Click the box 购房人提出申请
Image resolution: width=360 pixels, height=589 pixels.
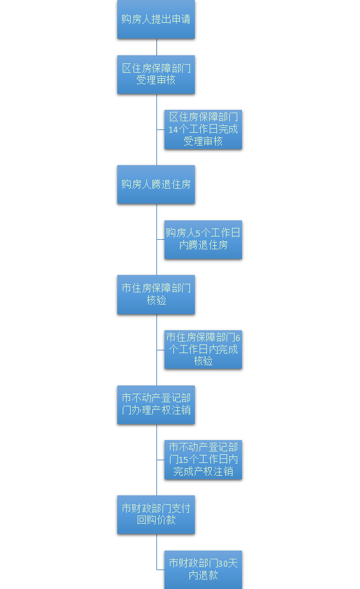156,19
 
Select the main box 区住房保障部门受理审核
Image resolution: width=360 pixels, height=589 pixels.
156,74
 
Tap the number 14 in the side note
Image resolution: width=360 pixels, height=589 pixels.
173,129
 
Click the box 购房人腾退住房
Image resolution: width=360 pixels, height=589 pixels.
156,185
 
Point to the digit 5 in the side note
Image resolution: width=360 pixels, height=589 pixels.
198,233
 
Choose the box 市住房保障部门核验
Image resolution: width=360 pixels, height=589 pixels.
156,294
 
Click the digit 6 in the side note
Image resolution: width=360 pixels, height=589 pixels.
237,338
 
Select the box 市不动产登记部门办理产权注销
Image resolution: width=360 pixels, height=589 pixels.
156,404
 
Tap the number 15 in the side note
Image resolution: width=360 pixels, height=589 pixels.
183,460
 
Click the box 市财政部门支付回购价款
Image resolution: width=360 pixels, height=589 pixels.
156,515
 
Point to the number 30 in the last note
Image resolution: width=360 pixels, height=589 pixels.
223,563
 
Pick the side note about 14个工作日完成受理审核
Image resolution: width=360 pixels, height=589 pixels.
203,129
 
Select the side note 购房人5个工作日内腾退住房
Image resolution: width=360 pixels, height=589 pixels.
203,240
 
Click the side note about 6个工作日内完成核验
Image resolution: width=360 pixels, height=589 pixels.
203,349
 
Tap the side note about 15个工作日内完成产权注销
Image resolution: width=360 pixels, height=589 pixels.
203,460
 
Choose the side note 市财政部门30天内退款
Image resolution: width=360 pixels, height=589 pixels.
203,569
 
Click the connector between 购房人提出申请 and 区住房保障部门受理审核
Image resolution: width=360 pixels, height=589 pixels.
156,47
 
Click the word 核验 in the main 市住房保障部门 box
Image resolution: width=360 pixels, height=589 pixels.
156,301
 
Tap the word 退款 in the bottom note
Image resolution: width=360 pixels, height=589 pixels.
208,575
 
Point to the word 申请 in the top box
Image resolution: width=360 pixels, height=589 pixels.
181,19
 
